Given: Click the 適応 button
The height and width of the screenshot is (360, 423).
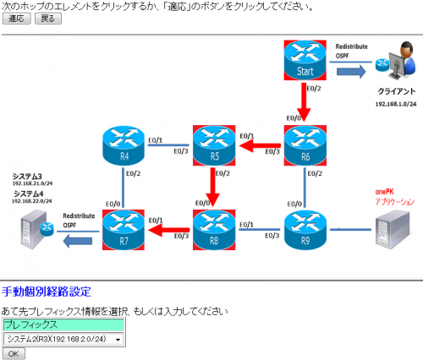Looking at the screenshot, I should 16,19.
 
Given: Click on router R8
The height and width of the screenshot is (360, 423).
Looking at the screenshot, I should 212,230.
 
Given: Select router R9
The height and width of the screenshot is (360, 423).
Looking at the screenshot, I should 305,230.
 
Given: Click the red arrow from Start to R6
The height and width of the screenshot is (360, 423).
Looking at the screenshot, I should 305,103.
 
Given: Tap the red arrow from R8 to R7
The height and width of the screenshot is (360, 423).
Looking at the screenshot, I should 167,230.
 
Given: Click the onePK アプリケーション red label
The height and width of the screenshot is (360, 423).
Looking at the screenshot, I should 394,198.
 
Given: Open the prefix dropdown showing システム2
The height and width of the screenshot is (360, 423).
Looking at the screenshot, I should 63,339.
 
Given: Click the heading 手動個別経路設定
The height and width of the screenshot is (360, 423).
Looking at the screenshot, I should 46,292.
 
